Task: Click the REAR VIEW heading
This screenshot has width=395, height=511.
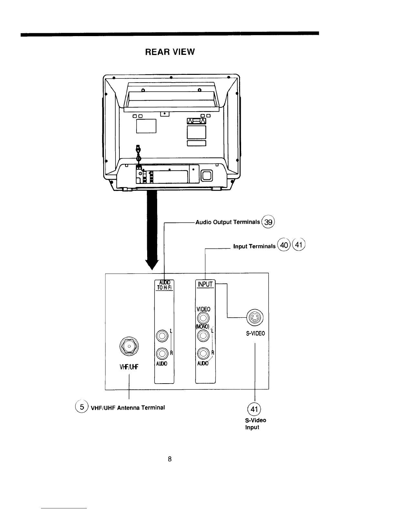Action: click(170, 52)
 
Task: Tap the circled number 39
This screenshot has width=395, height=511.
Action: click(268, 222)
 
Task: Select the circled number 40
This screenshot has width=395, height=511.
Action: click(284, 245)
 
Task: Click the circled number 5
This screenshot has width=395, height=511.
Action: click(82, 407)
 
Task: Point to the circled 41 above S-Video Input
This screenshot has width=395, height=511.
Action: click(254, 409)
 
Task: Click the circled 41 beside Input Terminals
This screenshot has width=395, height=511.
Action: click(299, 245)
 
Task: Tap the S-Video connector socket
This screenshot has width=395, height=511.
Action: click(255, 318)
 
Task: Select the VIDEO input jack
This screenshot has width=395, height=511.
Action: click(203, 318)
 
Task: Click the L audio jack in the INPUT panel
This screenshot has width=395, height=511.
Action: click(203, 336)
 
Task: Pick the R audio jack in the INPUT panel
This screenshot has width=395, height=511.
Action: click(203, 353)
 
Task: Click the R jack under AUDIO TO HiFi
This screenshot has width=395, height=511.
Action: click(162, 354)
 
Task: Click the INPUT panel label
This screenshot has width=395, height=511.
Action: click(205, 284)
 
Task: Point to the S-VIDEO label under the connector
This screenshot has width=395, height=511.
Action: click(256, 334)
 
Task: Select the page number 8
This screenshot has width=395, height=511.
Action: click(170, 459)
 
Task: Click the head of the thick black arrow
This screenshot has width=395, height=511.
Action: click(152, 265)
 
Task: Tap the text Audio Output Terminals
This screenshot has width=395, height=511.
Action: click(228, 222)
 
